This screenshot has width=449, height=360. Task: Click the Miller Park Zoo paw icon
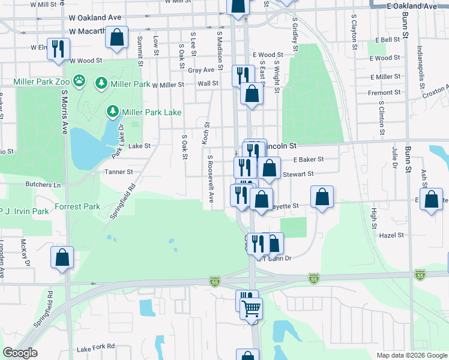tap(79, 80)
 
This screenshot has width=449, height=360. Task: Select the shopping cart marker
tap(252, 309)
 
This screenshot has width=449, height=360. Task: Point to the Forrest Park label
tap(77, 207)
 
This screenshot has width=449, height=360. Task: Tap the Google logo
tap(20, 353)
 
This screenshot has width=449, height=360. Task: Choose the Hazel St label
tap(393, 236)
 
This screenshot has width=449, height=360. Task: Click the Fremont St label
tap(384, 92)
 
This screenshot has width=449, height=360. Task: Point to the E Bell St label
tap(388, 40)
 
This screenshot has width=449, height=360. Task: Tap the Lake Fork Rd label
tap(95, 347)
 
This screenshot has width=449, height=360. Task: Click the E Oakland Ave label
tap(412, 6)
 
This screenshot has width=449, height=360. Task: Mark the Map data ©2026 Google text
tap(411, 355)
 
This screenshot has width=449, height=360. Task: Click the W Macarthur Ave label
tap(95, 31)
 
